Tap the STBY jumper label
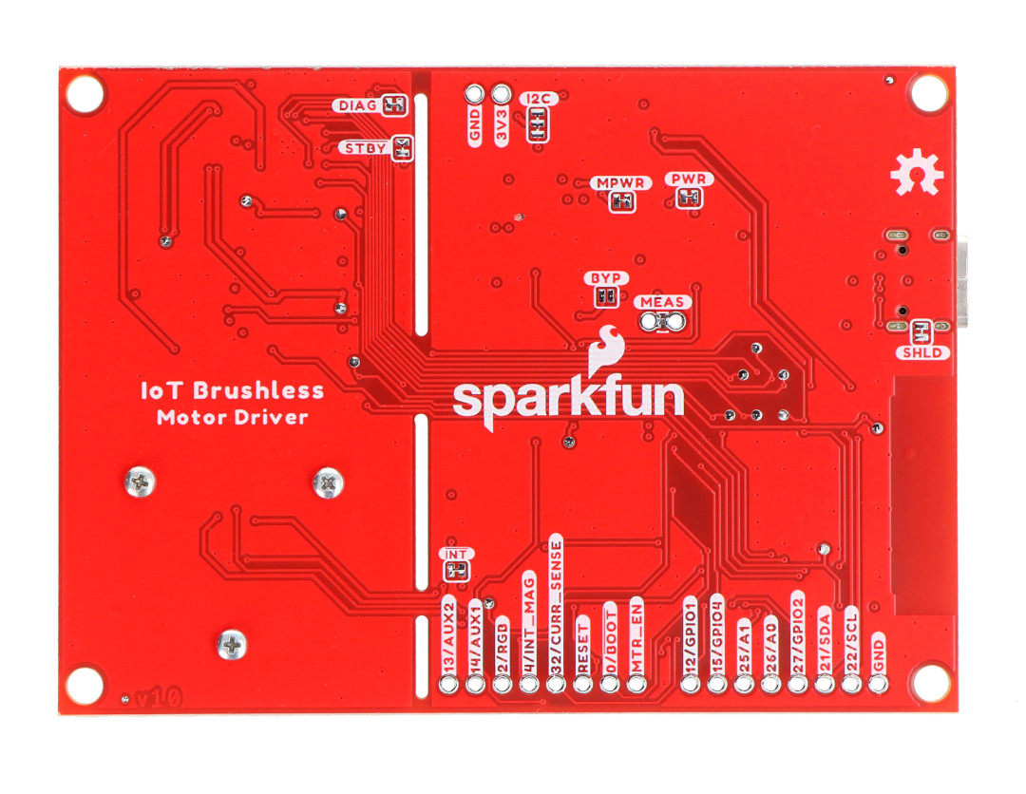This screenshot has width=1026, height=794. [365, 148]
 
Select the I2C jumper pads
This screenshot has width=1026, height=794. [538, 123]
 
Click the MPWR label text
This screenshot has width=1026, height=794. [620, 183]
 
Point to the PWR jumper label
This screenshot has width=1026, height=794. [689, 179]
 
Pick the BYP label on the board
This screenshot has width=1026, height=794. [606, 278]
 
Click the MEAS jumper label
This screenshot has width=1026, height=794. [662, 302]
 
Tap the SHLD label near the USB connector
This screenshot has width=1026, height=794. [921, 353]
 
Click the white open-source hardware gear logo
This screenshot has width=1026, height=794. [916, 173]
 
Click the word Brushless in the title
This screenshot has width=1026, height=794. [258, 391]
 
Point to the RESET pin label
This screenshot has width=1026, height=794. [582, 648]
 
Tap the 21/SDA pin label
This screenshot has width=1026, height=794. [825, 642]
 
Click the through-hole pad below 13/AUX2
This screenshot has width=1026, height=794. [448, 685]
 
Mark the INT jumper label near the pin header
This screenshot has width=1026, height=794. [456, 555]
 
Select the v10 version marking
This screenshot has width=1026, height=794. [159, 698]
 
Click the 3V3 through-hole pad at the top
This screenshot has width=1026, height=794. [502, 94]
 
